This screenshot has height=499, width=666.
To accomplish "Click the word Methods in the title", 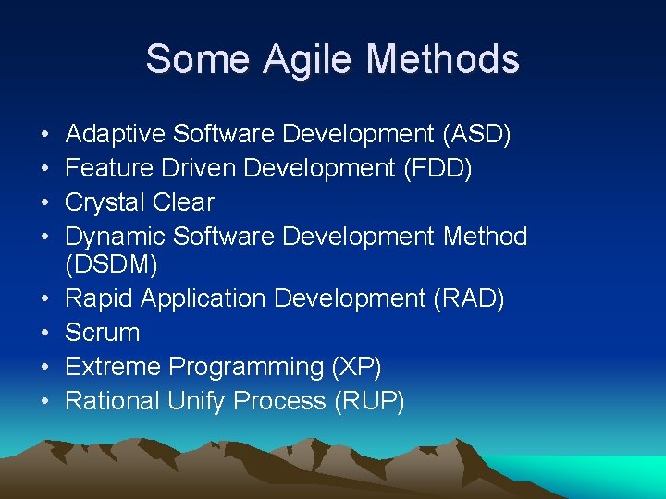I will pos(443,59).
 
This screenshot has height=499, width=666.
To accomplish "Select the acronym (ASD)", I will pos(476,134).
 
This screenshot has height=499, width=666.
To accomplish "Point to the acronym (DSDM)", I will pos(112,265).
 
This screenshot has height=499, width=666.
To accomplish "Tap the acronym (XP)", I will pos(356,367).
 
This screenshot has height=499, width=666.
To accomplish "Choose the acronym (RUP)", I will pos(369,401).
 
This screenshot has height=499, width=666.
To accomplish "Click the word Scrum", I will pos(103,333).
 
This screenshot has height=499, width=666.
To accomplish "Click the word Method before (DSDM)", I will pos(485,237).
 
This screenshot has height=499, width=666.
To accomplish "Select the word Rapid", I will pos(97,299).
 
